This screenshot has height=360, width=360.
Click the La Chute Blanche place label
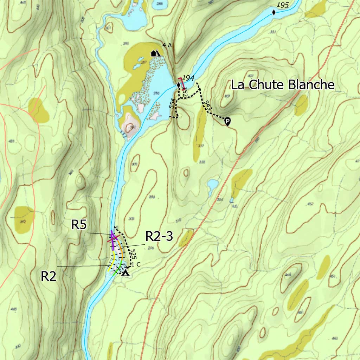coord(282,85)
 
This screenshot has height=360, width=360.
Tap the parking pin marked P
coord(227,122)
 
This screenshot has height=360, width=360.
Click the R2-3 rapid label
coord(159,237)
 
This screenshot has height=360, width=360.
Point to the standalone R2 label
coord(49,276)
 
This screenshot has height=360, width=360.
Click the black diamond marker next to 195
coord(274,13)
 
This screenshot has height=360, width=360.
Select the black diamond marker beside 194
coord(178,85)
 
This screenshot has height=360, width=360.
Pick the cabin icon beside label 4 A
coord(153,53)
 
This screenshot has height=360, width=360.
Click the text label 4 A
coord(167,45)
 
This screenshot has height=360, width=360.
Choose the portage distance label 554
coord(172,104)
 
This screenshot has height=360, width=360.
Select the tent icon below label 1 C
coord(125,272)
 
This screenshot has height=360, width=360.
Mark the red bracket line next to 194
coord(182,83)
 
